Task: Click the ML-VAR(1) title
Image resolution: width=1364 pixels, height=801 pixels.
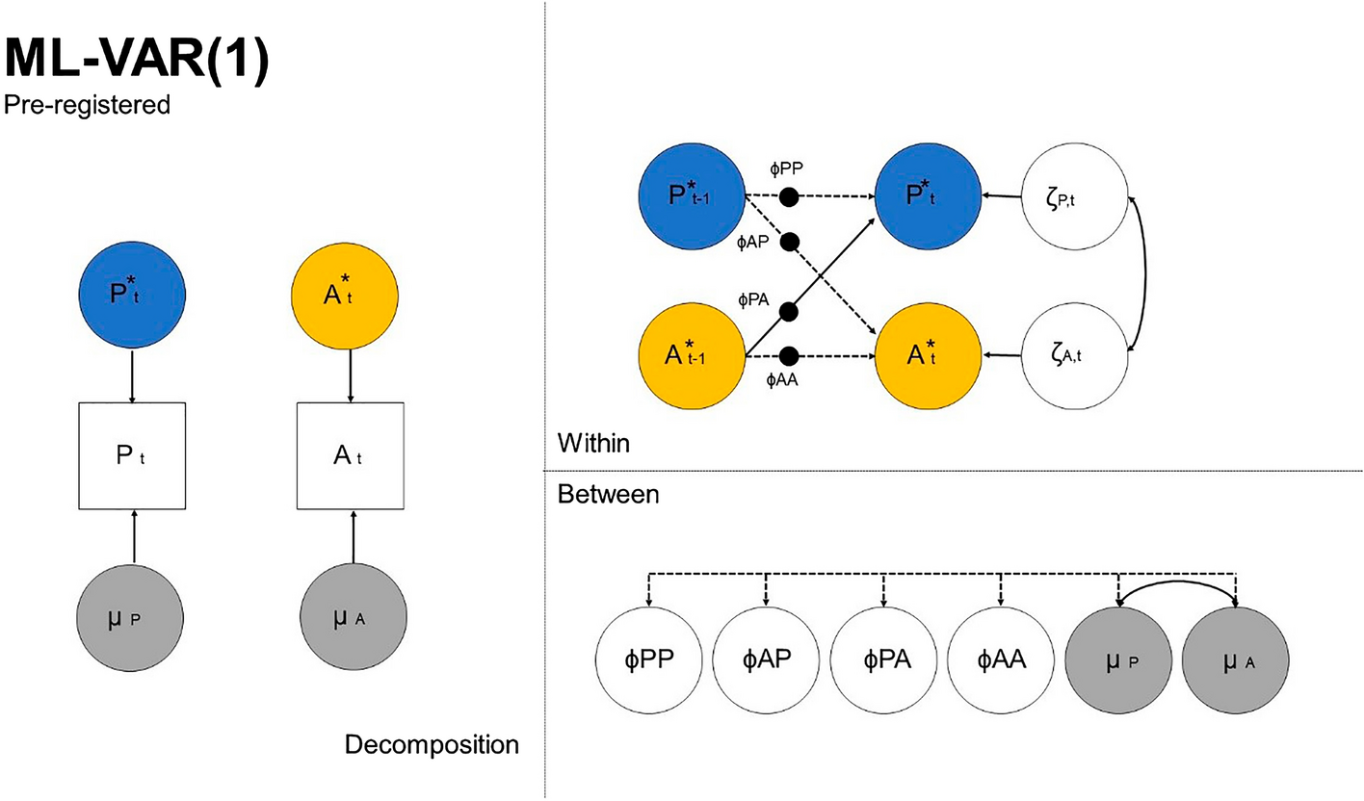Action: pos(136,61)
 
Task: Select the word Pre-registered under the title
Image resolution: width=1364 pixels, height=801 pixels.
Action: pos(87,104)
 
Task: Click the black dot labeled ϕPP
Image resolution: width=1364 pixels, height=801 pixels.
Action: pos(788,198)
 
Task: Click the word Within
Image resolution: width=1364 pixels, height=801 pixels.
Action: pos(594,444)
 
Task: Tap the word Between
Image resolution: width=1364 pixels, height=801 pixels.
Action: pos(608,495)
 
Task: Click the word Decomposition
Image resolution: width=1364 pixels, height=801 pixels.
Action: pos(432,745)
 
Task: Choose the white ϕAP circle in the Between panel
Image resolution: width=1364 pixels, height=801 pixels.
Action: pos(767,661)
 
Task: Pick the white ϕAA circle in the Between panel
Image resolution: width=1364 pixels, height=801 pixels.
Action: pos(1002,661)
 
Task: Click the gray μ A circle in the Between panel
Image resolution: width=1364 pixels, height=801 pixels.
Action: pos(1237,661)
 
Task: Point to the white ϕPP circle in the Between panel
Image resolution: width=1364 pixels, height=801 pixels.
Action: pos(649,661)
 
